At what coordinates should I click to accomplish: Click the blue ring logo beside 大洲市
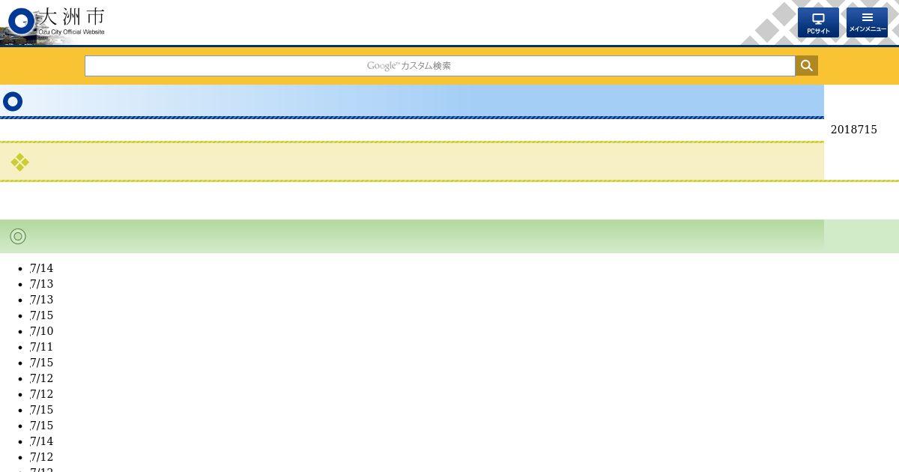[x=21, y=21]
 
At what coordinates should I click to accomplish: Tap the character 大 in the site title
[x=48, y=16]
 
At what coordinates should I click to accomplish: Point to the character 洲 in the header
[x=71, y=16]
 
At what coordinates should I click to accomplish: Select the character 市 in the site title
[x=96, y=16]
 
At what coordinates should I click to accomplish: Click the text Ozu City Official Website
[x=71, y=31]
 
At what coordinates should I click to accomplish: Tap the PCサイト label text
[x=818, y=31]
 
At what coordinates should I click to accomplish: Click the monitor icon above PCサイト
[x=818, y=19]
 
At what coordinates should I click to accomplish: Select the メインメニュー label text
[x=868, y=29]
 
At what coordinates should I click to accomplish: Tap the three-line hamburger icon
[x=868, y=17]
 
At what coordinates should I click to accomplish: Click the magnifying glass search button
[x=807, y=65]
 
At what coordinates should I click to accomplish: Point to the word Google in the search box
[x=381, y=66]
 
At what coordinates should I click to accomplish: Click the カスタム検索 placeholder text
[x=426, y=66]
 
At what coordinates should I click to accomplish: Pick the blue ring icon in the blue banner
[x=13, y=102]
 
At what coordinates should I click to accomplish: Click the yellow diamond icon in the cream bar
[x=19, y=162]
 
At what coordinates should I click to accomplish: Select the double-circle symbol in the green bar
[x=18, y=237]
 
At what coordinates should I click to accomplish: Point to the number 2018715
[x=853, y=130]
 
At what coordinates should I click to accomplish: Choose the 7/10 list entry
[x=41, y=331]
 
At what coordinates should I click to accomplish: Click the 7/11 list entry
[x=41, y=347]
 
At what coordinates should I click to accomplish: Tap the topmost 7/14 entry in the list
[x=41, y=268]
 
